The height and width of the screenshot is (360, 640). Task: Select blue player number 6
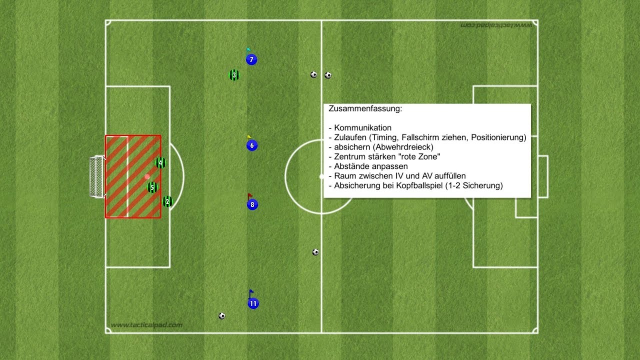point(251,146)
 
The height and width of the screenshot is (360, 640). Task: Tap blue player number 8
point(252,204)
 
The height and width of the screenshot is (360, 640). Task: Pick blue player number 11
point(253,303)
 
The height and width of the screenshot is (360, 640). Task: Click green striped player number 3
point(233,75)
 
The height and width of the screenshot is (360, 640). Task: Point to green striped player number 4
point(160,162)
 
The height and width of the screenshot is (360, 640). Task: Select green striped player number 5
point(152,187)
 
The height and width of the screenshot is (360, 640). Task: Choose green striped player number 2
point(167,202)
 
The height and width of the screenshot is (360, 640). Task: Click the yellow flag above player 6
point(249,136)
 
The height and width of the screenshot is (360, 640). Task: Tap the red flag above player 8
point(250,195)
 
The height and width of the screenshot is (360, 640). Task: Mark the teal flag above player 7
point(248,50)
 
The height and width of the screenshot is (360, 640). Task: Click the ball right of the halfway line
point(328,75)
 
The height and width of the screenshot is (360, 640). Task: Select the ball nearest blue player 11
point(221,316)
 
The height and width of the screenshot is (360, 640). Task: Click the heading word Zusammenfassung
point(365,108)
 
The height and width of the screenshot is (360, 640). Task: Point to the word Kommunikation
point(362,128)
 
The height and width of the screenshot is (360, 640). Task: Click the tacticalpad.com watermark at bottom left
point(146,325)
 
